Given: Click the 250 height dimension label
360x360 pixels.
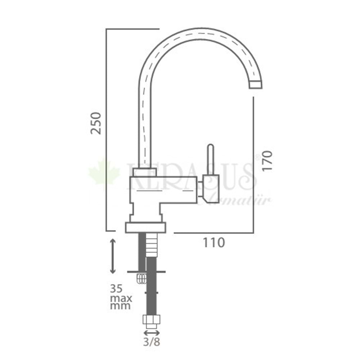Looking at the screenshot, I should point(96,123).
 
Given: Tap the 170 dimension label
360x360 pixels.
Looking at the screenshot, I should point(267,161).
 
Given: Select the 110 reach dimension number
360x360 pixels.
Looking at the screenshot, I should point(214,243).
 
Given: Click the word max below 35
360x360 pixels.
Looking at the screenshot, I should point(121,298).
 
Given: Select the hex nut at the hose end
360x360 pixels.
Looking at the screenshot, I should point(152,321).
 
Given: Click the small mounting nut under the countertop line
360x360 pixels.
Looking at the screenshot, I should point(141,278).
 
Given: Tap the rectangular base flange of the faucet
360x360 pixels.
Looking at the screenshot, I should point(145,228).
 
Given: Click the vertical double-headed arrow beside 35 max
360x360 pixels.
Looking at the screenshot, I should point(113,256).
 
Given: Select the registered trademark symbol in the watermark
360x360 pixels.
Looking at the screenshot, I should point(257,157).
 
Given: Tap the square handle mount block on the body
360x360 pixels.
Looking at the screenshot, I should point(211,187).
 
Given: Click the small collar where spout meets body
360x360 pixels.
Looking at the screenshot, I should point(145,172).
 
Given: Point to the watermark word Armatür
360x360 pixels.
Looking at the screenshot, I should point(238,200).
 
